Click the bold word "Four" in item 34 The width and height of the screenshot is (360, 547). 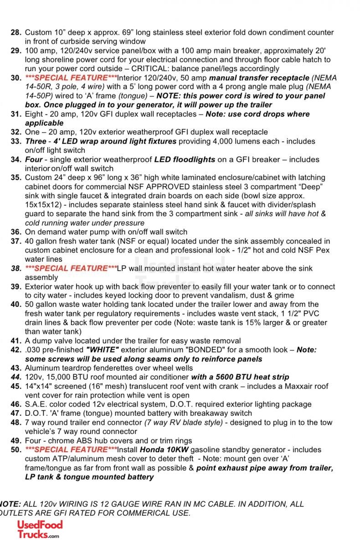point(34,160)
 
